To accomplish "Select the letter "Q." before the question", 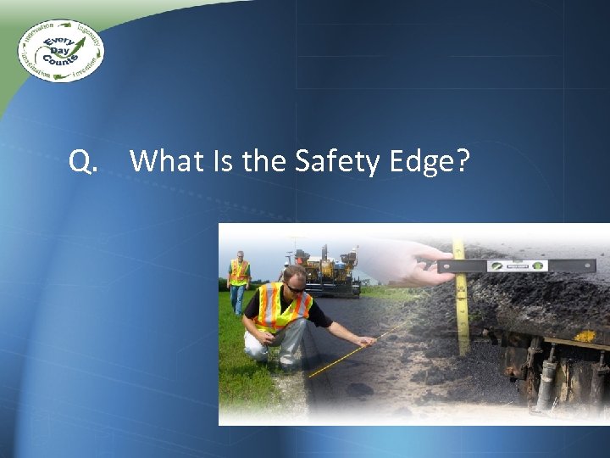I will [83, 160].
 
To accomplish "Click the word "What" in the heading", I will [164, 159].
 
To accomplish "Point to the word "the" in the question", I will [264, 159].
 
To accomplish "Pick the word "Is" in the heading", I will [219, 159].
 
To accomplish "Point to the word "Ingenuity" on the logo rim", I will [88, 36].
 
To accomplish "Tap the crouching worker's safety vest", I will [281, 310].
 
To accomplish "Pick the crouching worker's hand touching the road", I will [366, 342].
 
